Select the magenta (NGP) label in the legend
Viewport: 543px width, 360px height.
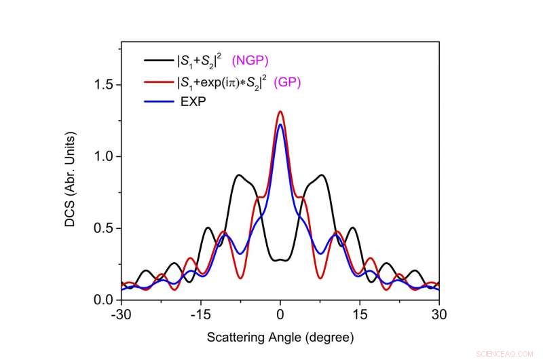pyautogui.click(x=252, y=60)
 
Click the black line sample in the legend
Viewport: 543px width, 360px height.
pyautogui.click(x=158, y=60)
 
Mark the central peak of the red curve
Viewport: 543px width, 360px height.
pyautogui.click(x=280, y=112)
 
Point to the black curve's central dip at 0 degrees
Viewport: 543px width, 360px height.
pyautogui.click(x=280, y=260)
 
